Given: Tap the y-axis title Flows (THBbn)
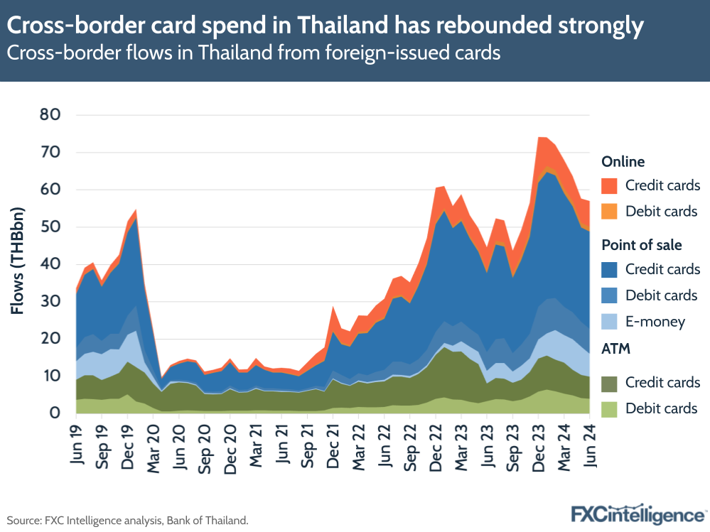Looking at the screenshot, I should point(18,260).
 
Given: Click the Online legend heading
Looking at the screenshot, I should point(623,162).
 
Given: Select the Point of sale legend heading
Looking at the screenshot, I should point(641,245).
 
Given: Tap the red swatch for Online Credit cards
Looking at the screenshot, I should point(609,186).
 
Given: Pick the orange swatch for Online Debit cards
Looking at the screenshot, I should point(609,212).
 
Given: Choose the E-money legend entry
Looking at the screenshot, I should point(655,322).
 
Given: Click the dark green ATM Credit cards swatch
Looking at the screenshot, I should point(609,382).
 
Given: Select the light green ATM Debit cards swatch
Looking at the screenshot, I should point(609,408).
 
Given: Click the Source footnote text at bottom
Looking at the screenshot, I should point(128,520).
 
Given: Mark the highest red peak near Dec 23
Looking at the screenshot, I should point(542,137).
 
